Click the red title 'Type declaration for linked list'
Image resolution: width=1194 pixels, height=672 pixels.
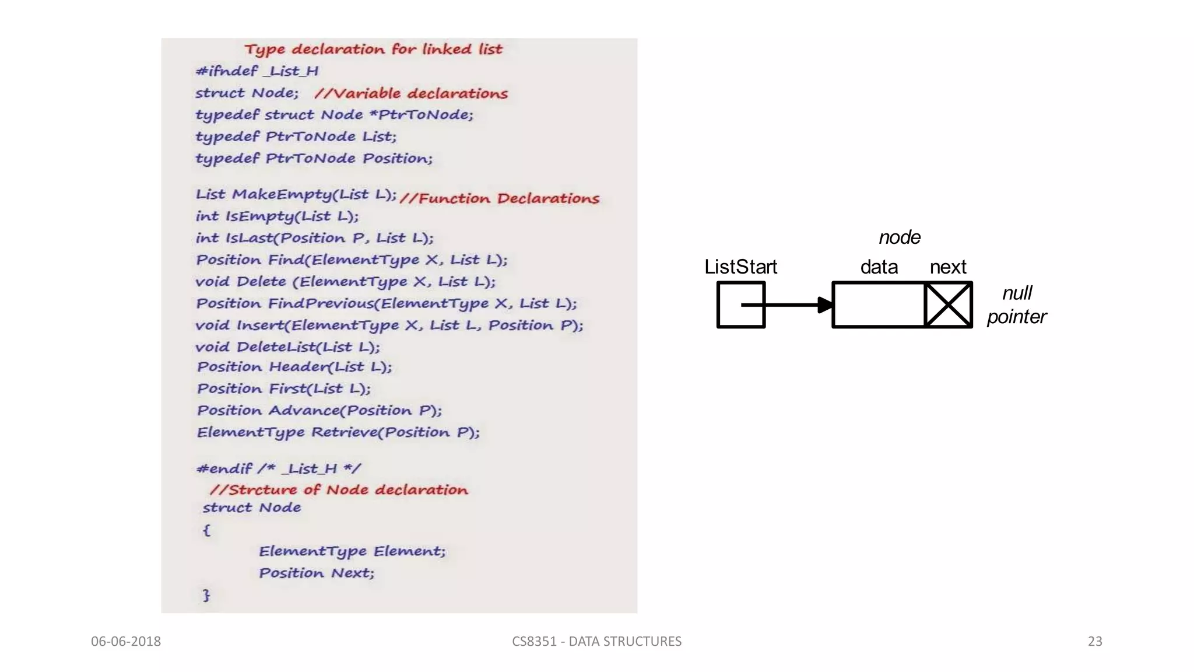[x=373, y=49]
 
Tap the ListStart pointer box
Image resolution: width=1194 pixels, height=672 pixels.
[x=740, y=304]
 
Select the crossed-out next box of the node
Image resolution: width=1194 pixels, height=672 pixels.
[x=948, y=304]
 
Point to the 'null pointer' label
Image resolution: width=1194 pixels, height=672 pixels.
[x=1017, y=304]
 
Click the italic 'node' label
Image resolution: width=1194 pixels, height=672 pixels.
[x=899, y=237]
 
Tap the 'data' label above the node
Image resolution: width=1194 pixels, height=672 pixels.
[x=879, y=267]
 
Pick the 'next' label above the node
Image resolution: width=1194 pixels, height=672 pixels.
[x=948, y=267]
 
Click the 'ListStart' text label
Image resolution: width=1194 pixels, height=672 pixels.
[x=740, y=267]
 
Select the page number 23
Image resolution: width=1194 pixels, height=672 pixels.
[x=1095, y=642]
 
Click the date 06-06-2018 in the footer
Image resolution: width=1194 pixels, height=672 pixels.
[x=126, y=642]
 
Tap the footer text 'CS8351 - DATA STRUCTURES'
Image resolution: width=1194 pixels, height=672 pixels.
[x=596, y=642]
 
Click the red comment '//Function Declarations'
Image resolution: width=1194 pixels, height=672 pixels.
[x=500, y=199]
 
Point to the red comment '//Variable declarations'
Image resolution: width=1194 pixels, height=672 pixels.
[x=411, y=93]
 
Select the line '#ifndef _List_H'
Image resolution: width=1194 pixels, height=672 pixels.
[x=257, y=71]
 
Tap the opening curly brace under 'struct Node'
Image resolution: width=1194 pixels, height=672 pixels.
[x=206, y=530]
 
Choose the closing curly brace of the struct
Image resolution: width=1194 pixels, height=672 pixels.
[x=206, y=595]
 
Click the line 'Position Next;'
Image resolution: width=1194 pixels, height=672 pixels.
[x=317, y=573]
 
